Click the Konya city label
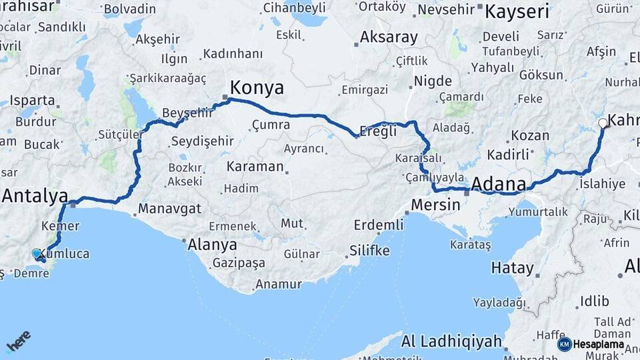(257, 87)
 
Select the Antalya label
(35, 196)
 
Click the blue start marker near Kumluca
(37, 253)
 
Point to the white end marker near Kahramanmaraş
(603, 123)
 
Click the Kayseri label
(517, 11)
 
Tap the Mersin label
(435, 205)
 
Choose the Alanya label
(212, 244)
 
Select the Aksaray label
(389, 37)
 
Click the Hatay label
(512, 269)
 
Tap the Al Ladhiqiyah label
(451, 342)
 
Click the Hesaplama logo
(591, 344)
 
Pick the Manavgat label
(169, 209)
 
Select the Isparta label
(33, 101)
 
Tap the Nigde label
(433, 81)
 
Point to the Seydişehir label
(202, 141)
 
